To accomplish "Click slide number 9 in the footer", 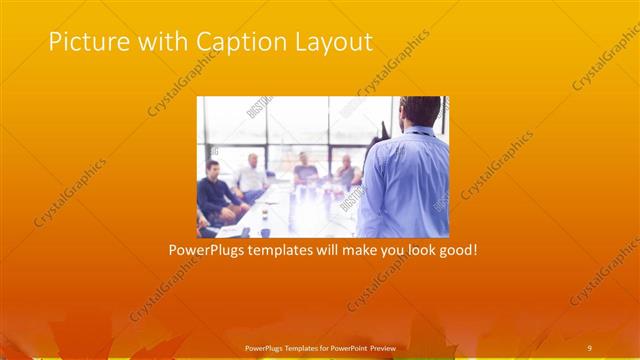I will click(589, 347).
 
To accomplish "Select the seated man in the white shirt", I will click(251, 178).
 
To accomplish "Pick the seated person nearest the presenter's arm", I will click(346, 174).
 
